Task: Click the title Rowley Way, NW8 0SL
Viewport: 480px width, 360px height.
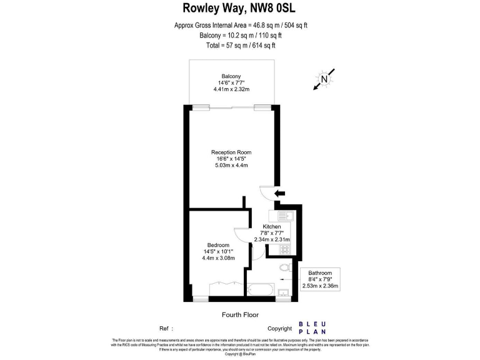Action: tap(240, 8)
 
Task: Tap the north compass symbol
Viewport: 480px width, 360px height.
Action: tap(324, 79)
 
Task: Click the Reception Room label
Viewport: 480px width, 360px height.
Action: tap(231, 152)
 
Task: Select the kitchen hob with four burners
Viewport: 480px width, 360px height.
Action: tap(286, 249)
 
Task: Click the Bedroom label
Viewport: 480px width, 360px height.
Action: tap(218, 245)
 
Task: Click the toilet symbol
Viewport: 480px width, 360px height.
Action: tap(285, 267)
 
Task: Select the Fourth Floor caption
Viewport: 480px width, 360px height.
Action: tap(240, 315)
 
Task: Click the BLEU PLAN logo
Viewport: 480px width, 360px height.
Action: tap(312, 327)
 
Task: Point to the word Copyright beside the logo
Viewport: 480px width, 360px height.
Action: tap(279, 329)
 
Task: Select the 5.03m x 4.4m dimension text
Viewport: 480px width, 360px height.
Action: tap(231, 166)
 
